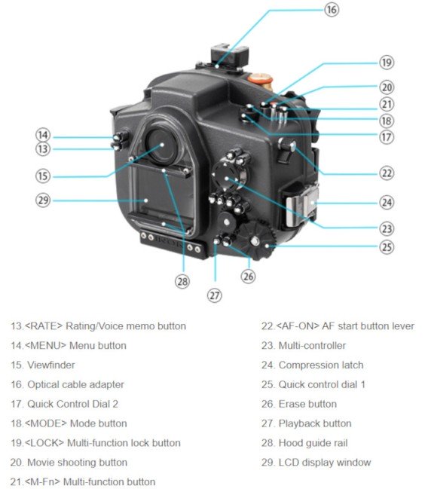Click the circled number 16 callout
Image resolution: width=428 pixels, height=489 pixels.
[332, 10]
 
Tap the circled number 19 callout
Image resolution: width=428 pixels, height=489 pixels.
[387, 63]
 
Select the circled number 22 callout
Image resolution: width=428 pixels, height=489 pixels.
[387, 173]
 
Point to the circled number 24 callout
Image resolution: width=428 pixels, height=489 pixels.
[387, 202]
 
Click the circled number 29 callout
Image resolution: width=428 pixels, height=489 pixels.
[43, 200]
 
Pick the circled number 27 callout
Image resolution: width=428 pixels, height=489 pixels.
[216, 295]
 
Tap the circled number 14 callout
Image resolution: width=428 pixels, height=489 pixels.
[43, 135]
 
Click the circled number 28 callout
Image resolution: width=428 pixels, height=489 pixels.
[182, 281]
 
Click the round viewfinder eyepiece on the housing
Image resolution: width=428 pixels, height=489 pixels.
[160, 145]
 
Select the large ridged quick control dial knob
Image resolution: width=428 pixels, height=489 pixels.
[260, 240]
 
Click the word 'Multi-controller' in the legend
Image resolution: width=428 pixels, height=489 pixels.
[312, 345]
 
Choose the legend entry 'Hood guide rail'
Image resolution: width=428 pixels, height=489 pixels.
[313, 443]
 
